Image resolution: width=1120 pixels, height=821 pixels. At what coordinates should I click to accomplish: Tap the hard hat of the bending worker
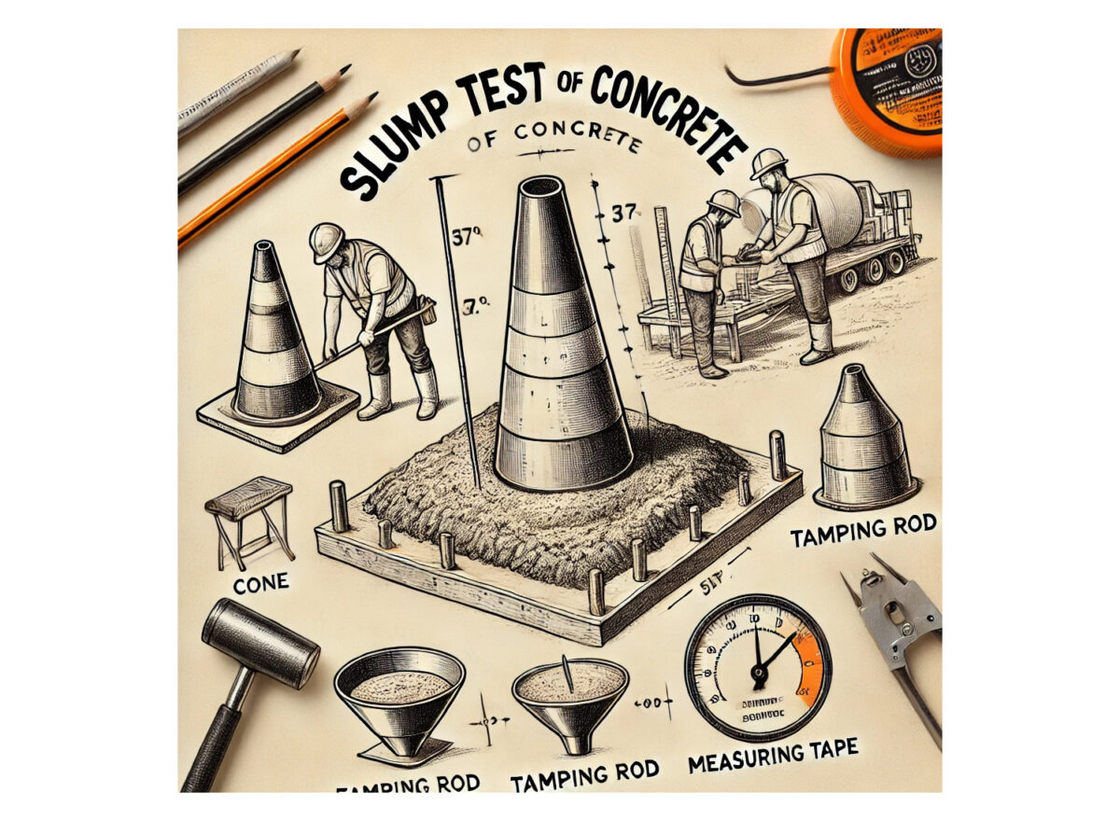(x=326, y=240)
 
